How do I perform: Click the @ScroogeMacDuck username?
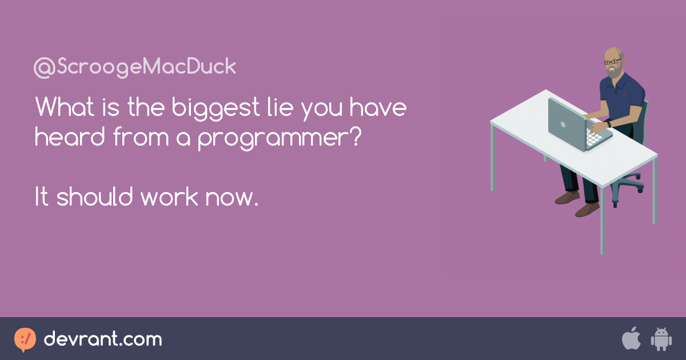(x=135, y=67)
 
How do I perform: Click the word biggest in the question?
(x=216, y=108)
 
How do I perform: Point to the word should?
(x=95, y=196)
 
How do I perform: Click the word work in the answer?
(x=169, y=196)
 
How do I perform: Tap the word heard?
(x=70, y=136)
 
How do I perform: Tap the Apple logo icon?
(x=631, y=338)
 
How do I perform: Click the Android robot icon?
(x=661, y=339)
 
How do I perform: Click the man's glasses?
(x=612, y=62)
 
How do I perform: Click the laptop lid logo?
(x=563, y=125)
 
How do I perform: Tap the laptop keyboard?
(x=594, y=138)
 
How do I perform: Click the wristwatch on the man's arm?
(x=609, y=125)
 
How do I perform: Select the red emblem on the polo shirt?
(x=624, y=95)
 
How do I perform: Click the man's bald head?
(x=613, y=53)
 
